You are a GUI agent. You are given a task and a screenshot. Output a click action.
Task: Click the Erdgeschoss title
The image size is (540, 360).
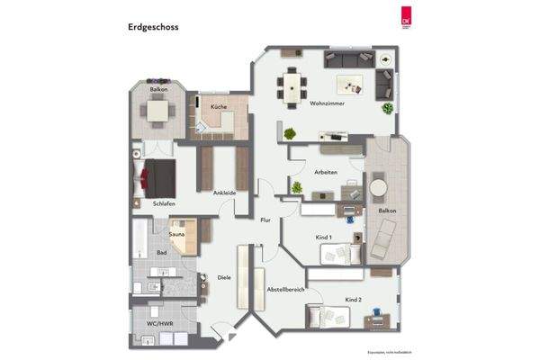click(x=153, y=28)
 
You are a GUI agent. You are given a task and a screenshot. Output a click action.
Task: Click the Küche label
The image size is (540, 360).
click(x=218, y=107)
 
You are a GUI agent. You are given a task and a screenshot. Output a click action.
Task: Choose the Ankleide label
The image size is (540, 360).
click(x=224, y=193)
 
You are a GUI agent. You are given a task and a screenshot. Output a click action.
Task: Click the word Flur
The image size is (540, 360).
click(x=265, y=220)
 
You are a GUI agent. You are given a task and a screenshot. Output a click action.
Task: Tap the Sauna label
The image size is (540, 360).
click(x=177, y=235)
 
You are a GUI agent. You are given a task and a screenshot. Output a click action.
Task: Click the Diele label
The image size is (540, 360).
click(x=224, y=277)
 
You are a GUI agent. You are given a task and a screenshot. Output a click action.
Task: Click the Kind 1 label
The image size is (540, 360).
click(x=324, y=238)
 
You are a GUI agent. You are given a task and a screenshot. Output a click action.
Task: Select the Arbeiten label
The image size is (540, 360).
click(x=326, y=172)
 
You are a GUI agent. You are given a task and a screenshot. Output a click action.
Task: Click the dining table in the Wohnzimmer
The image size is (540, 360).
click(x=293, y=87)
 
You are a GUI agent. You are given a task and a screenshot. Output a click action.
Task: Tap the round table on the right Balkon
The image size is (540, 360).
click(x=378, y=185)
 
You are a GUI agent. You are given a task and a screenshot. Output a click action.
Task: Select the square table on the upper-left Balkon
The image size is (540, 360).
click(x=158, y=111)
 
